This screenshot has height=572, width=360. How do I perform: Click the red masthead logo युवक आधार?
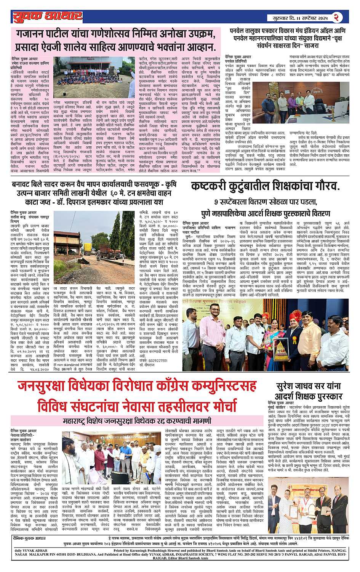47,16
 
